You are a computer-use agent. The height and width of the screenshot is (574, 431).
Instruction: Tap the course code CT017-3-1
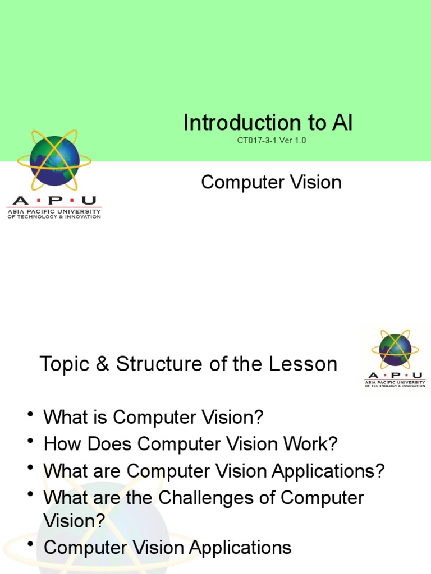pyautogui.click(x=256, y=141)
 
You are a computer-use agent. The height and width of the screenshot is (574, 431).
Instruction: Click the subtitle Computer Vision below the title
pyautogui.click(x=271, y=182)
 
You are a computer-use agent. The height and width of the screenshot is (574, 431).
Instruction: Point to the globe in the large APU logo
pyautogui.click(x=54, y=161)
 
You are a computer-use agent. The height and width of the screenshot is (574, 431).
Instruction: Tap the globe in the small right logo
pyautogui.click(x=395, y=350)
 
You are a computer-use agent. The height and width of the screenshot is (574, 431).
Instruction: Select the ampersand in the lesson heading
pyautogui.click(x=102, y=365)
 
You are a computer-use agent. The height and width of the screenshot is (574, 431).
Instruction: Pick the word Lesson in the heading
pyautogui.click(x=302, y=365)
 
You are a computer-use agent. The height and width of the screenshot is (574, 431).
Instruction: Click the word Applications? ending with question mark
pyautogui.click(x=328, y=471)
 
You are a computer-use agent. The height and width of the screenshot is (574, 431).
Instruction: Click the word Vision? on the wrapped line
pyautogui.click(x=75, y=521)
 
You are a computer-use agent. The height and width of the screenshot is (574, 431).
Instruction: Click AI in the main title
pyautogui.click(x=342, y=123)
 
